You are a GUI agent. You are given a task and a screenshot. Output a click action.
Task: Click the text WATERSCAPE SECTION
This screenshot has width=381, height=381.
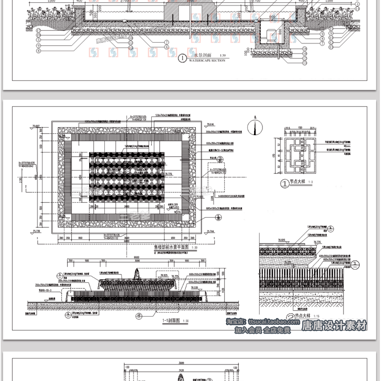coord(207,60)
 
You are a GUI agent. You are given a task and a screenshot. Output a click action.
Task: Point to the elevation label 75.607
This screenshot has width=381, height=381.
coord(36,126)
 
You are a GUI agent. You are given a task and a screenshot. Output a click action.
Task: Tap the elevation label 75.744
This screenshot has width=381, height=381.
coord(211,231)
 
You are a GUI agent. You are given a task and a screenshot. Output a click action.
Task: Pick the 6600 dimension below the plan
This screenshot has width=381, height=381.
coord(126,241)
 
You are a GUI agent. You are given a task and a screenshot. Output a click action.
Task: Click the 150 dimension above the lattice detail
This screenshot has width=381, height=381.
coord(300,128)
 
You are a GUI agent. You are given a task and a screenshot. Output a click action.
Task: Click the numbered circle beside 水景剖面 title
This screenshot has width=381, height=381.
coord(182,58)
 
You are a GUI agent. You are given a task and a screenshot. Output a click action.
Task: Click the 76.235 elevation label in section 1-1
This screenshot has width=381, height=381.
coord(195,287)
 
